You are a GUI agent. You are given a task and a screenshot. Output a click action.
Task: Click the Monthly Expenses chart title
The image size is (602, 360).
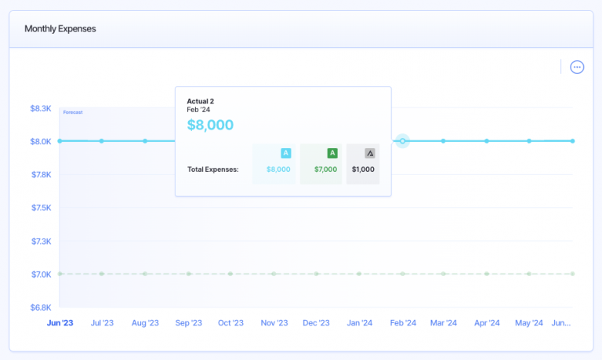[x=60, y=29]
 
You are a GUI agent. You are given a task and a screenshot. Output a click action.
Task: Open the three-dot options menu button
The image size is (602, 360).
[x=577, y=67]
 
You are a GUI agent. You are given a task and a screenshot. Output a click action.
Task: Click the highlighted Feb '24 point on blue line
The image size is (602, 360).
[x=403, y=141]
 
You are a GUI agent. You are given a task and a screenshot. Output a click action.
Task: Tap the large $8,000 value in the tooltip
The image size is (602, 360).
[x=210, y=125]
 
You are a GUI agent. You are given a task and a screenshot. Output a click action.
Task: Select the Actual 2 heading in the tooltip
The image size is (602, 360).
[x=200, y=101]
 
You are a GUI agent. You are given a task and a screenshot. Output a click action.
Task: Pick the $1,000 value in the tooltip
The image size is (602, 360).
[x=363, y=169]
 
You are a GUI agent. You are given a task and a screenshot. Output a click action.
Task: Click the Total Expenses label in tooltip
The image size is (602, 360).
[x=213, y=169]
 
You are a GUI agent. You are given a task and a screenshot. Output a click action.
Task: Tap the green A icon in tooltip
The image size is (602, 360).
[x=332, y=153]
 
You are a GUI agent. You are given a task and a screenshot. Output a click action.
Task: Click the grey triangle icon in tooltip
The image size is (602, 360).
[x=370, y=153]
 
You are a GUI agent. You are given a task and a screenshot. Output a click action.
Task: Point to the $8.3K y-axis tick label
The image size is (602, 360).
[x=40, y=108]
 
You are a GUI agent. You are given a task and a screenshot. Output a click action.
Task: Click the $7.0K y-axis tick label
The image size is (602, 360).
[x=40, y=274]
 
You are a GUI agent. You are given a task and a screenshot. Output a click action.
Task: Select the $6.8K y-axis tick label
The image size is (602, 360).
[x=40, y=307]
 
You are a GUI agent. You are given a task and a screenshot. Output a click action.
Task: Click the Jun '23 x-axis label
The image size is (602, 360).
[x=60, y=323]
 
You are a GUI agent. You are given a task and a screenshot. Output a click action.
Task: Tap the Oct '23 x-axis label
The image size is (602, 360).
[x=231, y=323]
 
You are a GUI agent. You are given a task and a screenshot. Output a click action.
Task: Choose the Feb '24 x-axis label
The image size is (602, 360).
[x=403, y=323]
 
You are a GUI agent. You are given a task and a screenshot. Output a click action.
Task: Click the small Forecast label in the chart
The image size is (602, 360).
[x=73, y=112]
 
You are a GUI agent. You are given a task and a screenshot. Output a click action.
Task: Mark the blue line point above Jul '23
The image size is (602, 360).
[x=102, y=141]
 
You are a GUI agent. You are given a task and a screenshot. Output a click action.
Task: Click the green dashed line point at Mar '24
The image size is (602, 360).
[x=444, y=274]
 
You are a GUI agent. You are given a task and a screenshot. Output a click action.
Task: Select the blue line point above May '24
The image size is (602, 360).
[x=529, y=141]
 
